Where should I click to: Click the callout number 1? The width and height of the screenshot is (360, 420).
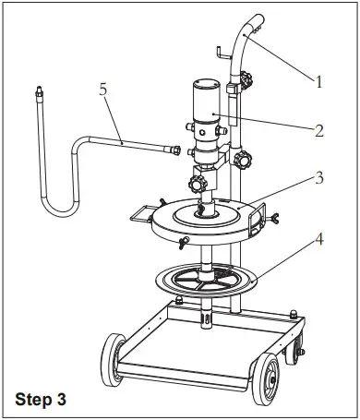(x=319, y=82)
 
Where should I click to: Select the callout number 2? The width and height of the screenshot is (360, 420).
(x=318, y=130)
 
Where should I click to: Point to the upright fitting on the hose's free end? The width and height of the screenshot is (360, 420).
(x=39, y=94)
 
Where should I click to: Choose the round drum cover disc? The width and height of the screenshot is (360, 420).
(x=209, y=217)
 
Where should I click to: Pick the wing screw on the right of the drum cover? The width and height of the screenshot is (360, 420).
(x=273, y=218)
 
